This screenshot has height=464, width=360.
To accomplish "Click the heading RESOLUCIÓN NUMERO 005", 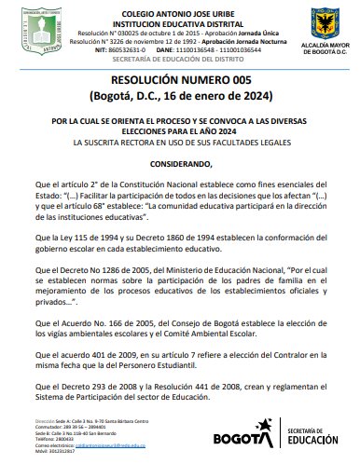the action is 179,80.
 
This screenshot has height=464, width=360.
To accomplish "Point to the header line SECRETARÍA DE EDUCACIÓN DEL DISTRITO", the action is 179,59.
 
